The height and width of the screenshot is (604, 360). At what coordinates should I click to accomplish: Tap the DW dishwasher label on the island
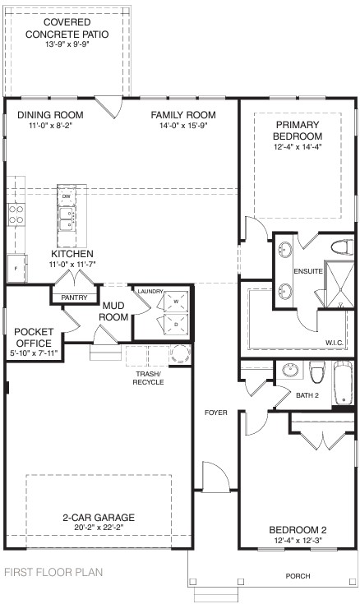67,196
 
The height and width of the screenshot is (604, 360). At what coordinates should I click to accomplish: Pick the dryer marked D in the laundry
173,325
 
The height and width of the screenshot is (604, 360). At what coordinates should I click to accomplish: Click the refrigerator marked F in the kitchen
15,268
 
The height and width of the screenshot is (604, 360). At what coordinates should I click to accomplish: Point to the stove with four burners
15,214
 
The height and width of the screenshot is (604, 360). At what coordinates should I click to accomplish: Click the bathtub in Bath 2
341,385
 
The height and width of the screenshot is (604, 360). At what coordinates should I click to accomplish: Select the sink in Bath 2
288,371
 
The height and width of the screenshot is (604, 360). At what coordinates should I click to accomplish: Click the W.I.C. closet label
335,343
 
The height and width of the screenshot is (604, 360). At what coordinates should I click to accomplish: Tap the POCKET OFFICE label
34,337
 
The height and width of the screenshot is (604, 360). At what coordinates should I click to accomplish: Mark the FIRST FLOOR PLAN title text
54,572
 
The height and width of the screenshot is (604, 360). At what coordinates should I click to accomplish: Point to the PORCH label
298,576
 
